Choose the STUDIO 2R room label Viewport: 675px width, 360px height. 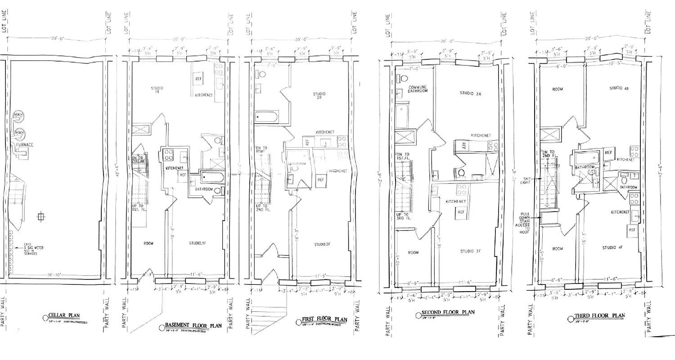pyautogui.click(x=319, y=96)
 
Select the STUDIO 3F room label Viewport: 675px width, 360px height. pyautogui.click(x=471, y=252)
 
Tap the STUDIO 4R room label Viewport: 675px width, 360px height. pyautogui.click(x=619, y=89)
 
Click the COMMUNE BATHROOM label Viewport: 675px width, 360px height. pyautogui.click(x=417, y=89)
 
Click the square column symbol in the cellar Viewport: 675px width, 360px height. pyautogui.click(x=41, y=217)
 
